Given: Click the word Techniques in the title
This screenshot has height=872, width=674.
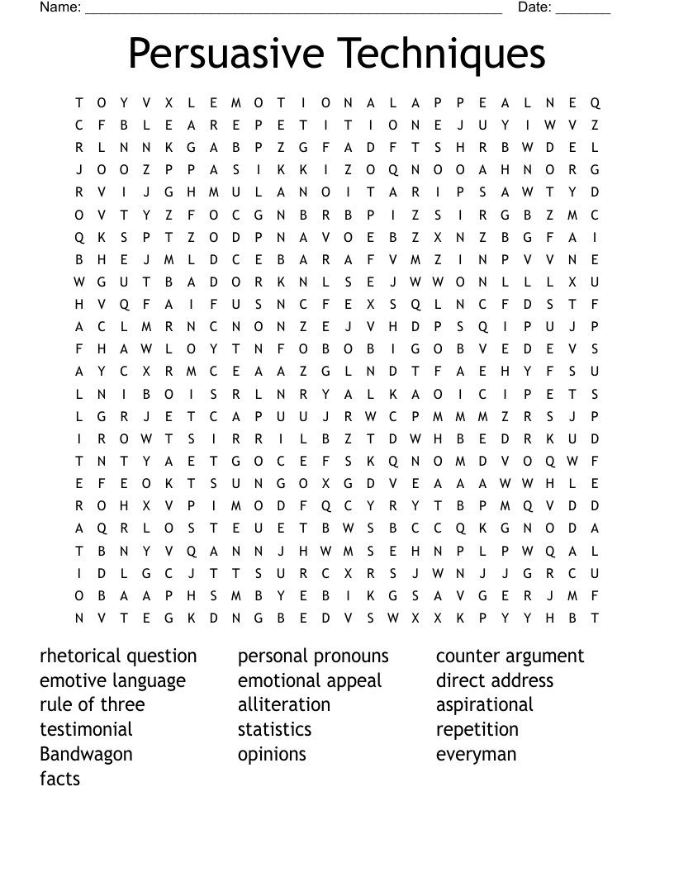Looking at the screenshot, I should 443,54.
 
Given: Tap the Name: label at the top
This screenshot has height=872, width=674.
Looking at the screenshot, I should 60,7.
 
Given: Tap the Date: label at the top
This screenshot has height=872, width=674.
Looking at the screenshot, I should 534,7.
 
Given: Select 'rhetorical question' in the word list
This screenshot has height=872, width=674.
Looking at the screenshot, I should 118,656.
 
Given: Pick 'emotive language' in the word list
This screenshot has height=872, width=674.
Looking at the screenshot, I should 112,681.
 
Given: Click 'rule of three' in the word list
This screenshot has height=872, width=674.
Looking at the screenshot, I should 92,705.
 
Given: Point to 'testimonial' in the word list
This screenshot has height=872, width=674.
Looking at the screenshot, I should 86,730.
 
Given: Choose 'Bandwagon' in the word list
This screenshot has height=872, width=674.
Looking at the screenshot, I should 86,755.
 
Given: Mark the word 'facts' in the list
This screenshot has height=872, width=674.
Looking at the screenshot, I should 59,779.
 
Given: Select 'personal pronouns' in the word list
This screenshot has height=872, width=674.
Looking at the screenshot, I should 313,656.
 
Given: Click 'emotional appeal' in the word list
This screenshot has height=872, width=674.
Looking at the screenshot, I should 310,681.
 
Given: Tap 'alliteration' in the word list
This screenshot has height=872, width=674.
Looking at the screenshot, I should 283,705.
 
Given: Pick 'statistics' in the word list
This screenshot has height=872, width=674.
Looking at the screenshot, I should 274,730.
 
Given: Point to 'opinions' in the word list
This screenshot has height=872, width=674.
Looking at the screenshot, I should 272,755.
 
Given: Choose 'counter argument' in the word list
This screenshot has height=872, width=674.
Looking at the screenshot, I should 510,656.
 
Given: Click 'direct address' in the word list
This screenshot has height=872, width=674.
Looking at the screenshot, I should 494,681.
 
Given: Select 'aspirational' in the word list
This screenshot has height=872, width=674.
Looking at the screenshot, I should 484,705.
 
